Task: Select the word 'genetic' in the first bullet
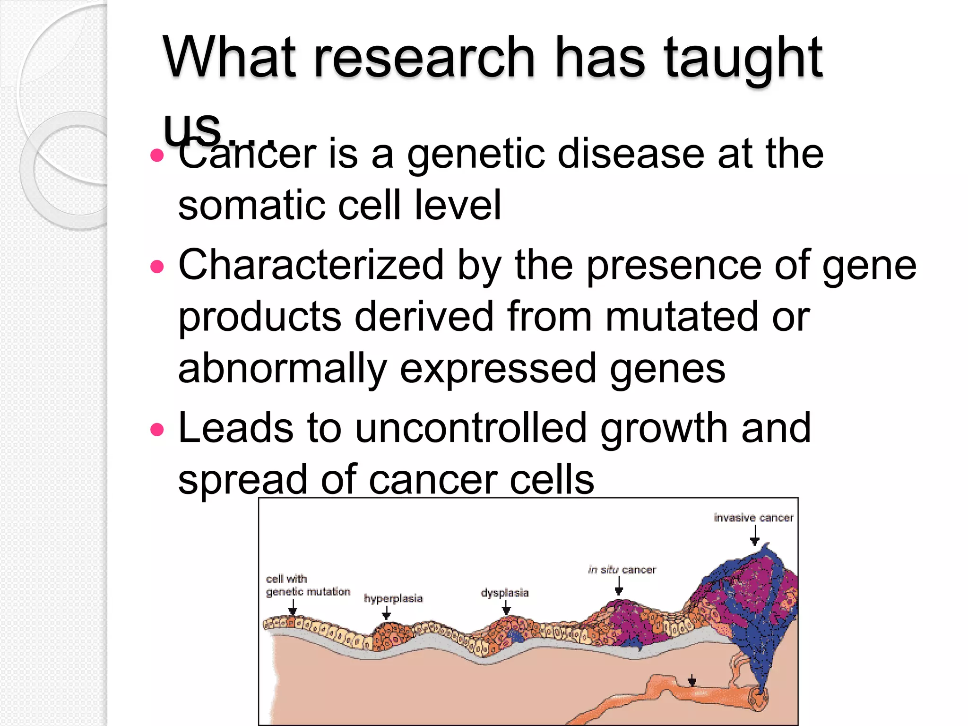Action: (475, 155)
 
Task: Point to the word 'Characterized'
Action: (311, 266)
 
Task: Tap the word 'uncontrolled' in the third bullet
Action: (471, 428)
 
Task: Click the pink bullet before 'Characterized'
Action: (157, 267)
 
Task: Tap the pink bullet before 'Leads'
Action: (157, 430)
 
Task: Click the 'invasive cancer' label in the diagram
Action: (753, 518)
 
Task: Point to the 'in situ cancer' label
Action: (622, 570)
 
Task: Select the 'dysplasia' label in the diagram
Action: (504, 593)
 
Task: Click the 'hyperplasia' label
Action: (393, 598)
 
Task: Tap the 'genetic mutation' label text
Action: (308, 592)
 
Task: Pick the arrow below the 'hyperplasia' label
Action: (386, 613)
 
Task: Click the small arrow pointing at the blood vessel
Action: (692, 681)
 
